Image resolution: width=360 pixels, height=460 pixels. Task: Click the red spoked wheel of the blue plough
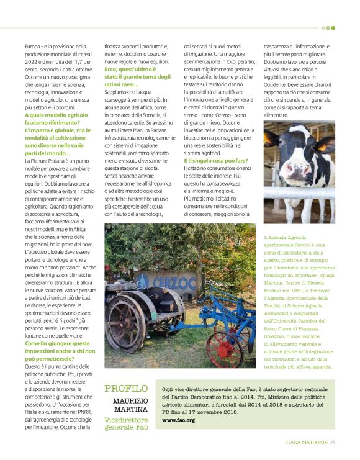coord(225,351)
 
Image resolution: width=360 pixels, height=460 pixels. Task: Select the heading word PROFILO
coord(126,389)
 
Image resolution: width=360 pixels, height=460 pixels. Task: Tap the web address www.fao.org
coord(178,420)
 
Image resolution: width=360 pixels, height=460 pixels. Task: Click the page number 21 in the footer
coord(333,443)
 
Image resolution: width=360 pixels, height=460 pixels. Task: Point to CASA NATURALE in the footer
coord(307,443)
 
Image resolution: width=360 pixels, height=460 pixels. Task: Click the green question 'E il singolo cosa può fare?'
coord(217,161)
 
